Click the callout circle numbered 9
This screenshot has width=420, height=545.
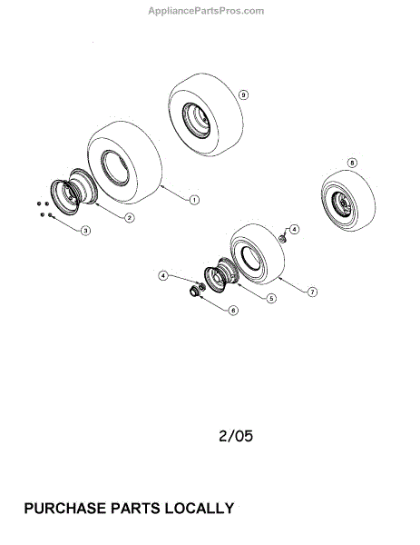tap(244, 94)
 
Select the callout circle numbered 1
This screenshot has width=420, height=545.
tap(194, 200)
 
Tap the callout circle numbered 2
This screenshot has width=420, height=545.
tap(129, 218)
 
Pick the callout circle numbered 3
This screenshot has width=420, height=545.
tap(85, 231)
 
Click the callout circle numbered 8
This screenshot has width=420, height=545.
tap(352, 163)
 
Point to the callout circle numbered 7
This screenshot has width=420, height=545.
tap(312, 292)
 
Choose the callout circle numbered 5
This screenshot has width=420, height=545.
tap(271, 298)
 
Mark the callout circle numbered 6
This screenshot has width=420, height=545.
tap(234, 310)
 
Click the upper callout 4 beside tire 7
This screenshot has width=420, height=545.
tap(294, 230)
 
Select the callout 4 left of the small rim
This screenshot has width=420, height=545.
tap(163, 275)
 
